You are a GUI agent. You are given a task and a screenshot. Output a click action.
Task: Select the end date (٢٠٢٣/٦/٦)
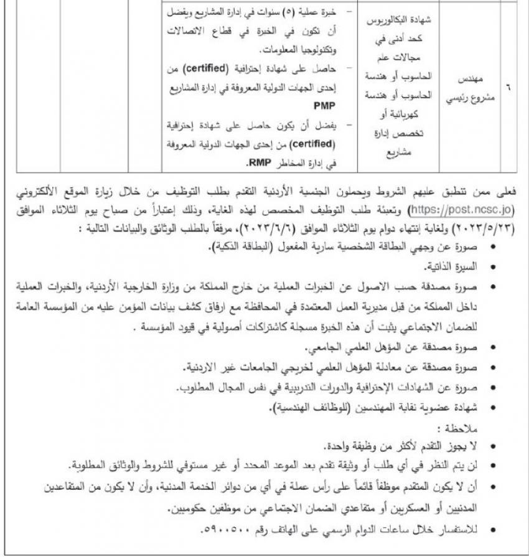[299, 227]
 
